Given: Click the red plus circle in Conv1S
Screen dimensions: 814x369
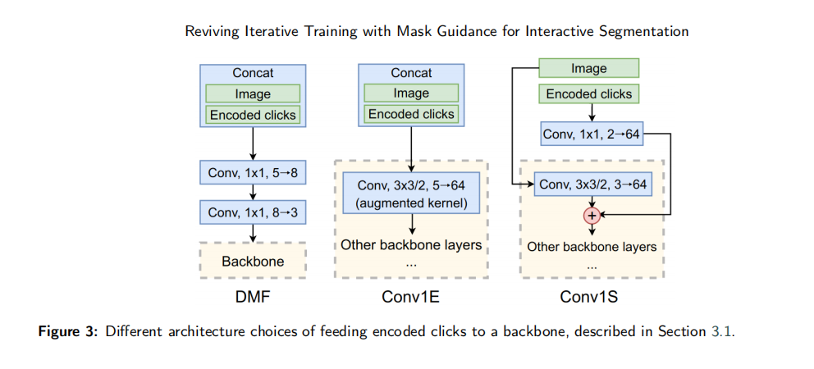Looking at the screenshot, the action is (592, 214).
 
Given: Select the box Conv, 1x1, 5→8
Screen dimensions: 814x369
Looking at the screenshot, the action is (253, 173).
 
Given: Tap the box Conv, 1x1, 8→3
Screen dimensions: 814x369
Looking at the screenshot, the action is (253, 212).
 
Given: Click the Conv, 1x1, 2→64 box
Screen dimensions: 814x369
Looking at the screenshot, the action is (592, 135).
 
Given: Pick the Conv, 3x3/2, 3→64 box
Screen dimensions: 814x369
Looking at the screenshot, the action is (592, 184).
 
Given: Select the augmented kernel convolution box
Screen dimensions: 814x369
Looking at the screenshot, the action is (411, 193).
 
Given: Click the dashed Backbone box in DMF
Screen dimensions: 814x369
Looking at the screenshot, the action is (253, 261).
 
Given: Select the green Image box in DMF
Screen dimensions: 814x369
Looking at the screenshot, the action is (253, 94).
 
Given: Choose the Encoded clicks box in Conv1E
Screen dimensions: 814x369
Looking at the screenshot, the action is (411, 114).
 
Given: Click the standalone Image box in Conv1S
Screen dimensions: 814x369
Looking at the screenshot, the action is (588, 69).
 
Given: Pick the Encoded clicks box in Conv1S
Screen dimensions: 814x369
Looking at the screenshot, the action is (588, 94).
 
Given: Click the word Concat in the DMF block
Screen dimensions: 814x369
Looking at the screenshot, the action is (253, 73).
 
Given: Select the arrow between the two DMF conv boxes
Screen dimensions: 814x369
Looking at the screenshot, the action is (253, 192).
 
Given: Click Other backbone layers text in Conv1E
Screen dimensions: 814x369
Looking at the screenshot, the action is (411, 244).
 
